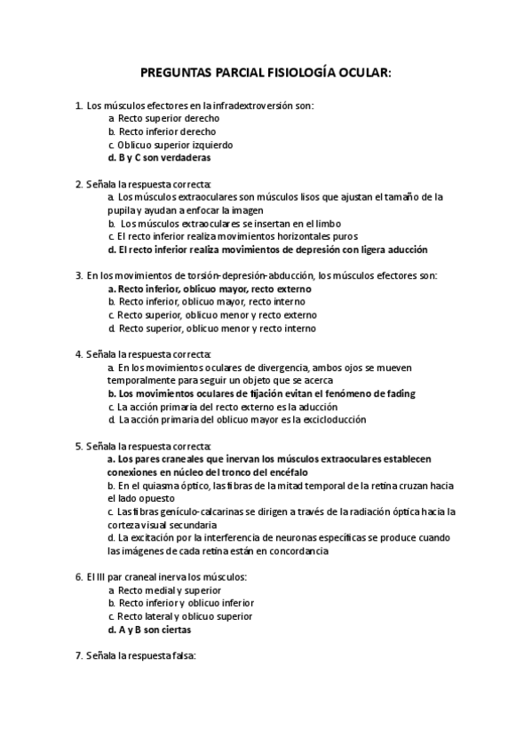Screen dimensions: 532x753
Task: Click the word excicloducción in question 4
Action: pyautogui.click(x=330, y=420)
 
